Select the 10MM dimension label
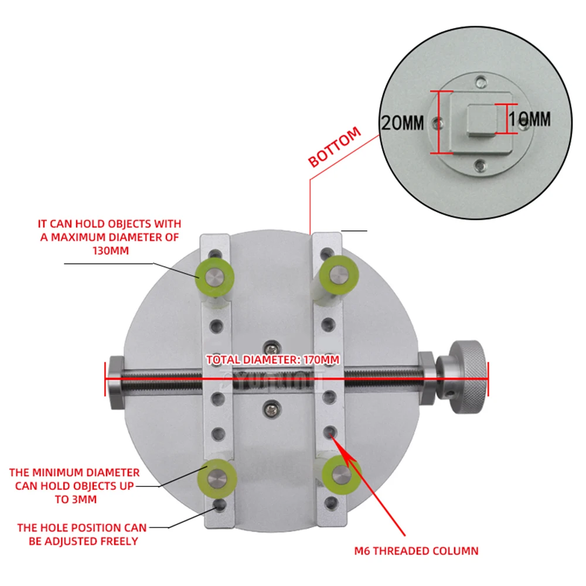tap(530, 120)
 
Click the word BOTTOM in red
tap(335, 148)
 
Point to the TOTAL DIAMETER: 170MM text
tap(273, 360)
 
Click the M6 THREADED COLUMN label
tap(417, 551)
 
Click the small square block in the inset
tap(481, 121)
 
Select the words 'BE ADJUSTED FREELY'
tap(83, 541)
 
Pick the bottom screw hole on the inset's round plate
tap(481, 166)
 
